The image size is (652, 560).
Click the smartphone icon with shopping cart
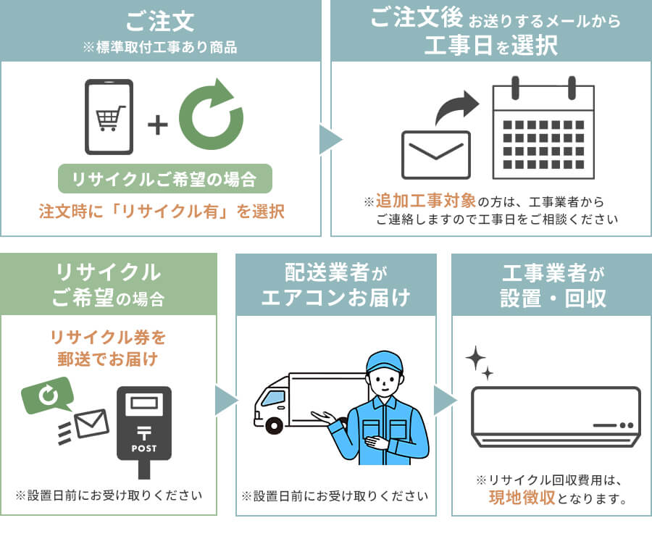click(109, 117)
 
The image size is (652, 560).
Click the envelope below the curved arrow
click(435, 154)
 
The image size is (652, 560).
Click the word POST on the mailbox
click(144, 448)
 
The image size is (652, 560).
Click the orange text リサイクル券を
click(108, 337)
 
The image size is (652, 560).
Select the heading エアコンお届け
click(335, 297)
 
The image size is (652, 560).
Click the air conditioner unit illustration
click(556, 416)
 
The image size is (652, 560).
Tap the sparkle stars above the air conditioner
click(479, 362)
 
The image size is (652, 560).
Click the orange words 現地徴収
click(522, 498)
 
